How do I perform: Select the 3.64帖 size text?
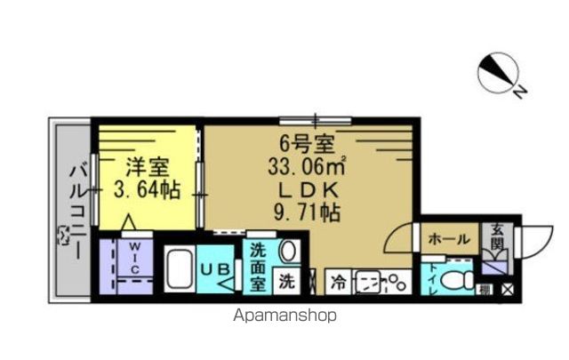[148, 189]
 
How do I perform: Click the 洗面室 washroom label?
[257, 268]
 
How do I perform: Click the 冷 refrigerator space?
[339, 282]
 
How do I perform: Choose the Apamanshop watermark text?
[284, 314]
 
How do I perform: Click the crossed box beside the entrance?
[507, 287]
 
